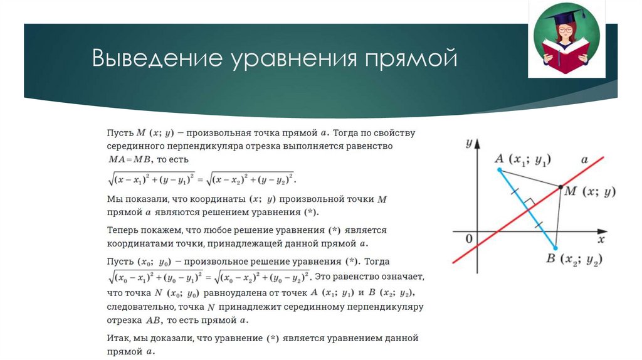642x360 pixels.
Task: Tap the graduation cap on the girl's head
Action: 568,18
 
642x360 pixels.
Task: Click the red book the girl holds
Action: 567,57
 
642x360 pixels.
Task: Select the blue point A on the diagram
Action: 499,170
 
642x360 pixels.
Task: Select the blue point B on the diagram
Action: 555,248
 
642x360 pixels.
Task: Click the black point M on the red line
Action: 560,186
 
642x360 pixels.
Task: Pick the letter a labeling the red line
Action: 584,160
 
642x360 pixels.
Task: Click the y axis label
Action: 468,144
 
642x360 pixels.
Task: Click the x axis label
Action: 600,240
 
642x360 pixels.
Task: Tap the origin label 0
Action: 468,239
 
